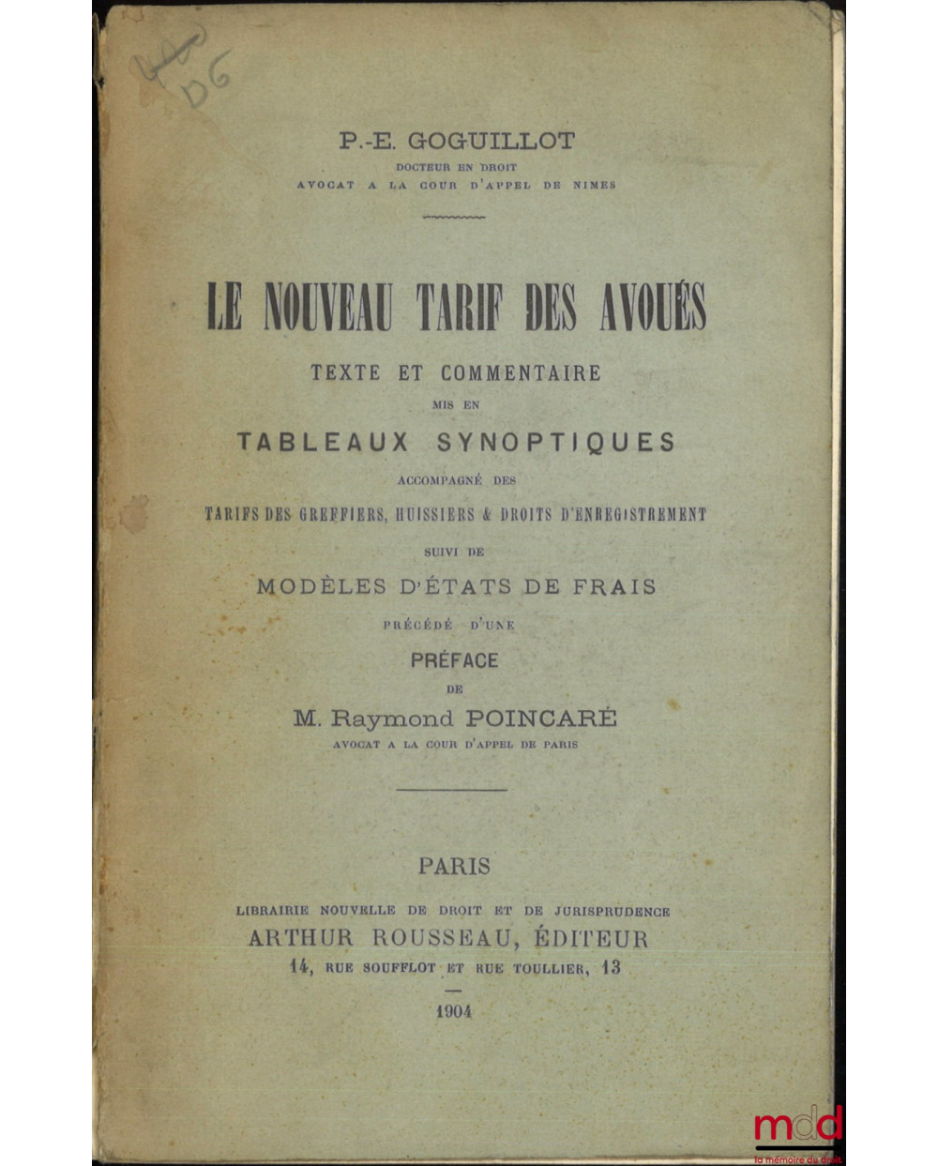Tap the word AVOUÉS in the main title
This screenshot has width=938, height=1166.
coord(653,308)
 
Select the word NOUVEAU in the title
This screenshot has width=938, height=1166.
coord(327,308)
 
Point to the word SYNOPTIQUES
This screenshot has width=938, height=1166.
coord(556,442)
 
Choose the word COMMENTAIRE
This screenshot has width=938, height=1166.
coord(521,372)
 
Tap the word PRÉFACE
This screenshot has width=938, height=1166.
coord(455,660)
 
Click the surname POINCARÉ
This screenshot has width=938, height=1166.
coord(541,719)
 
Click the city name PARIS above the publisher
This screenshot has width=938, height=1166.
coord(454,866)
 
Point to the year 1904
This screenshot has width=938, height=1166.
coord(454,1012)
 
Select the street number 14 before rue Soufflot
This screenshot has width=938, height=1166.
coord(300,967)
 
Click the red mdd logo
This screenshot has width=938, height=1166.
coord(797,1126)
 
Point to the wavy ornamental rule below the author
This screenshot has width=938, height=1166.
coord(454,217)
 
